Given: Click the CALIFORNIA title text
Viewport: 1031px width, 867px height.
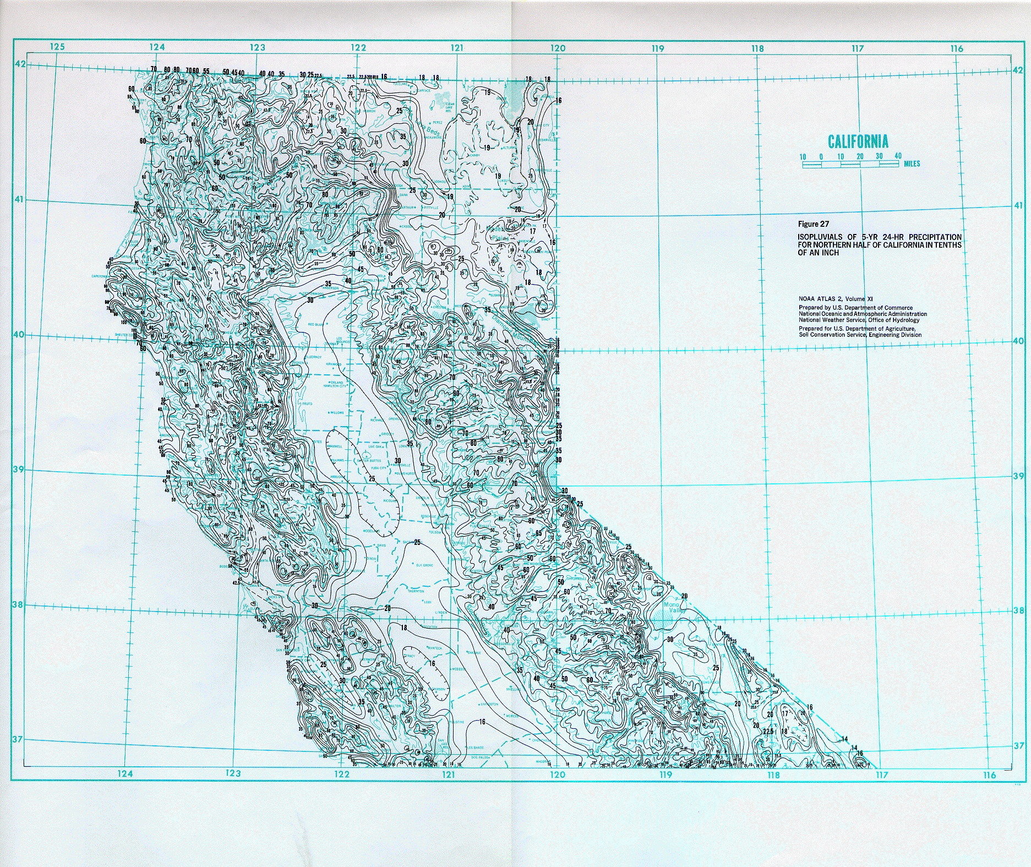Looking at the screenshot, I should click(858, 141).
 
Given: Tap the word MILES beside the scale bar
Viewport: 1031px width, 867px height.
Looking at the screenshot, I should click(912, 163).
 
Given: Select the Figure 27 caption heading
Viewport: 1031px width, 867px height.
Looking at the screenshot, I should click(813, 224).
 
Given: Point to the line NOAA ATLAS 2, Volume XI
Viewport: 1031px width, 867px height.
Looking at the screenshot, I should click(836, 299).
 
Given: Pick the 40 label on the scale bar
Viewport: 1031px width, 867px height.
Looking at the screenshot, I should click(898, 156).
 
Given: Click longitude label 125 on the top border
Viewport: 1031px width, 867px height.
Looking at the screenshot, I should click(57, 47).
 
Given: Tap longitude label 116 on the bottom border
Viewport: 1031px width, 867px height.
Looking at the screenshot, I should click(989, 775).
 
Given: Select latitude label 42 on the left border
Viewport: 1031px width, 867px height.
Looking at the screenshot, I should click(20, 64).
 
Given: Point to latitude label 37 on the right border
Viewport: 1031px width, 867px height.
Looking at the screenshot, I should click(1018, 746).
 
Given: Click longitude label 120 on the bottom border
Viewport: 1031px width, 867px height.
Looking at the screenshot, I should click(557, 775).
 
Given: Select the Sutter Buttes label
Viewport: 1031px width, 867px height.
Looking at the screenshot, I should click(370, 461).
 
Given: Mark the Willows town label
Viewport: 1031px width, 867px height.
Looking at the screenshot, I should click(336, 412).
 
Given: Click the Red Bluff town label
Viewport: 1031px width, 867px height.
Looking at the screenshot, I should click(315, 325).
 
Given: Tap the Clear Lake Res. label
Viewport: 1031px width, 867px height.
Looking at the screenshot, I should click(449, 106).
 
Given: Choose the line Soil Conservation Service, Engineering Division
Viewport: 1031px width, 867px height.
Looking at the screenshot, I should click(860, 335).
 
